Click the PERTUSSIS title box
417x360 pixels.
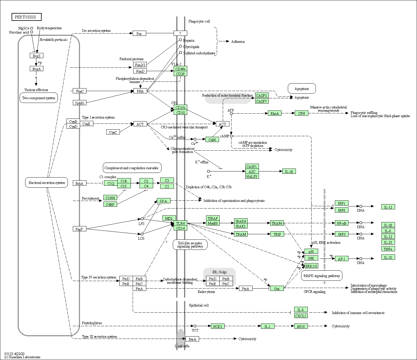click(x=27, y=17)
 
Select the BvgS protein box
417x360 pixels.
click(x=36, y=56)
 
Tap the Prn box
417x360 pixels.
click(x=139, y=34)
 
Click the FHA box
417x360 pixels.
click(x=140, y=91)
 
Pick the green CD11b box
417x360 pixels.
click(x=180, y=108)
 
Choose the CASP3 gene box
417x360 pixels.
click(x=262, y=95)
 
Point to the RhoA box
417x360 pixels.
click(x=275, y=113)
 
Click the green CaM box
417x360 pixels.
click(x=212, y=140)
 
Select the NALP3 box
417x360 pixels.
click(x=252, y=176)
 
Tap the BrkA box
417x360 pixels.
click(x=79, y=183)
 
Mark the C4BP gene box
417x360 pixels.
click(x=110, y=204)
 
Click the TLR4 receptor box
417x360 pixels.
click(x=181, y=223)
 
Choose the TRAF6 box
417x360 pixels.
click(x=277, y=223)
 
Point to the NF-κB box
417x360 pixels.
click(x=342, y=223)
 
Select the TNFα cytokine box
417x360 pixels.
click(x=388, y=249)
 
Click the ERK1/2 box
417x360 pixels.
click(x=311, y=266)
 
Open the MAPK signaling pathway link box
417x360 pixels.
click(x=322, y=276)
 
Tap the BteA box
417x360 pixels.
click(x=192, y=339)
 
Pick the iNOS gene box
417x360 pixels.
click(x=301, y=326)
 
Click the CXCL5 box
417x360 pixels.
click(x=301, y=316)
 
